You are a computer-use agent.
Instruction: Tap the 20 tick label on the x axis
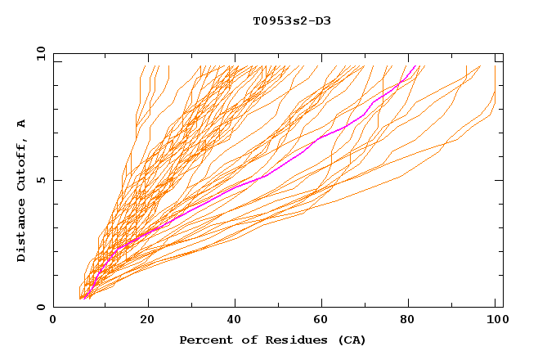(x=147, y=320)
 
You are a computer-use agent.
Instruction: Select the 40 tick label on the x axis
(x=235, y=320)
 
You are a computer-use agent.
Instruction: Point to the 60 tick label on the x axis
(x=324, y=320)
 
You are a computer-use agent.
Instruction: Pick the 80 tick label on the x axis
(x=412, y=320)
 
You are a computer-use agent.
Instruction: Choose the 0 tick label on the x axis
(x=54, y=320)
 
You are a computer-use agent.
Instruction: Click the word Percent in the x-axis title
(x=204, y=340)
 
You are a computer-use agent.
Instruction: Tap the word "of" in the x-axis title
(x=242, y=340)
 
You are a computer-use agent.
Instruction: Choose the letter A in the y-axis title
(x=22, y=123)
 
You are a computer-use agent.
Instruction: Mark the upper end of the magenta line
(x=416, y=65)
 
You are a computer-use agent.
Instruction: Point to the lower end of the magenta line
(x=87, y=299)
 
